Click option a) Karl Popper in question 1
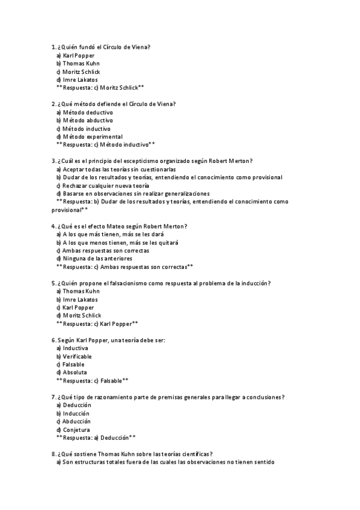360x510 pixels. tap(75, 55)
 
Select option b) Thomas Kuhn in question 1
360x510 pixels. tap(78, 63)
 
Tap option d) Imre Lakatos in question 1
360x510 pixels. tap(77, 79)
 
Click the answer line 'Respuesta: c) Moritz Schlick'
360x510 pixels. tap(100, 87)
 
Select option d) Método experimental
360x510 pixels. tap(89, 137)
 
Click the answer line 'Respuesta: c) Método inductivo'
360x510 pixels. tap(106, 144)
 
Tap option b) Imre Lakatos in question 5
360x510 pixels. tap(77, 300)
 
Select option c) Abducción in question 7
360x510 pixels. tap(73, 422)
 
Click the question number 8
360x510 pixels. tap(53, 454)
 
